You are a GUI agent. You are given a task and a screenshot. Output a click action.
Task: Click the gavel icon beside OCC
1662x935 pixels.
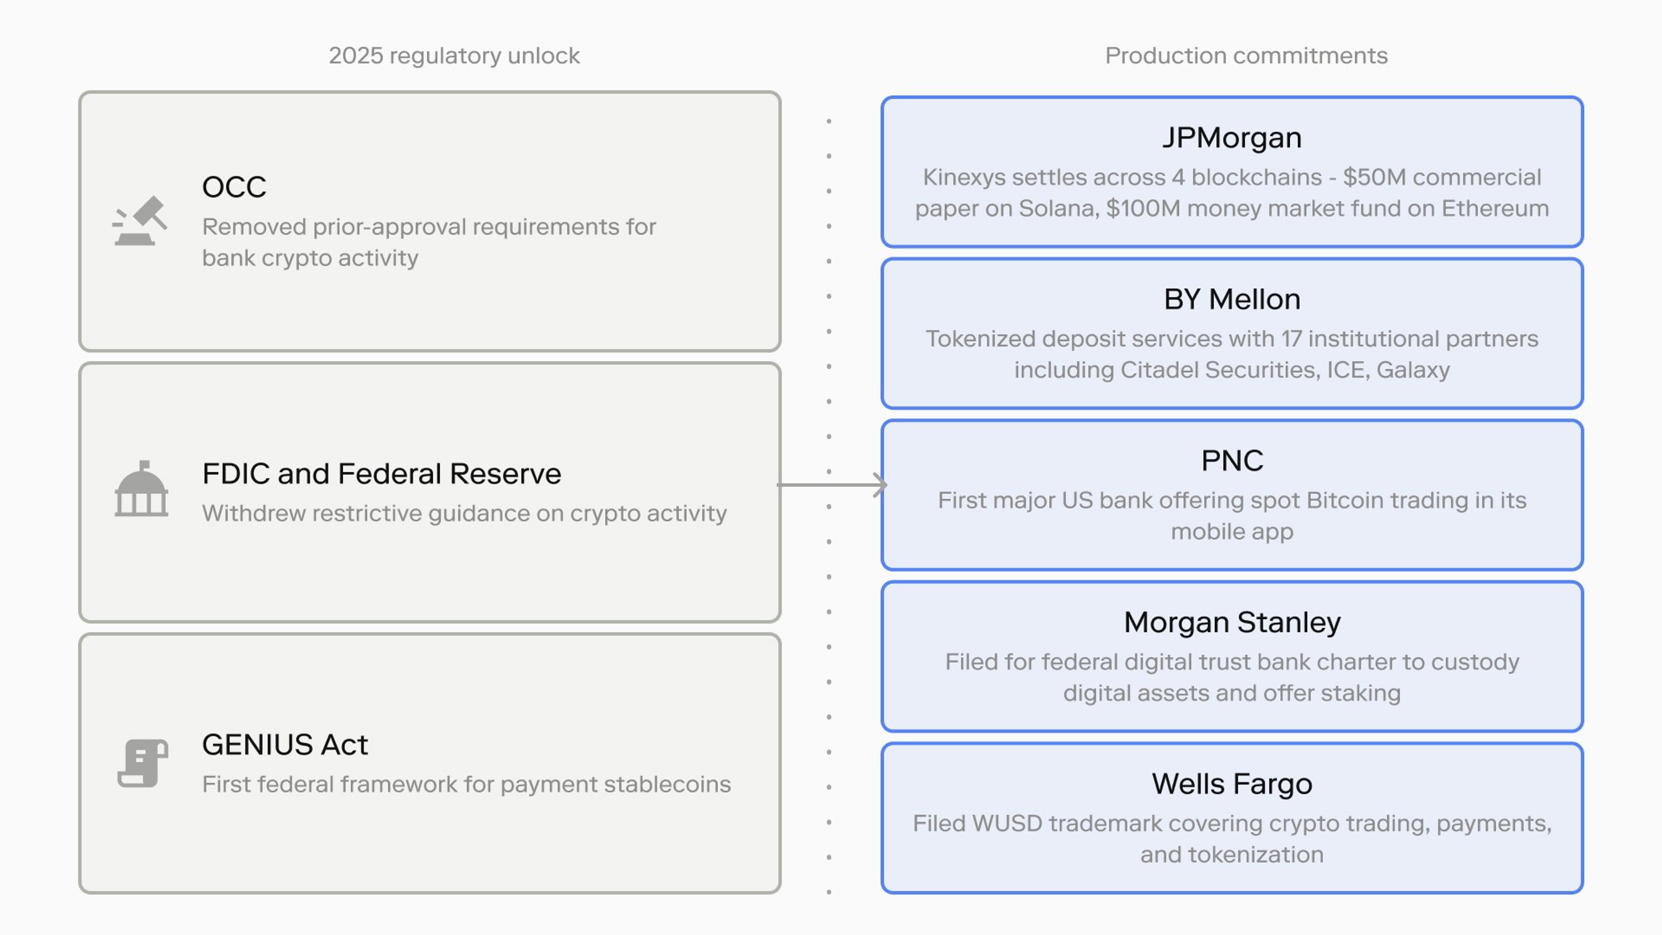tap(140, 221)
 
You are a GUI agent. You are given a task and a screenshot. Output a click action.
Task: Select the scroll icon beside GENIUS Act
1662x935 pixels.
tap(142, 763)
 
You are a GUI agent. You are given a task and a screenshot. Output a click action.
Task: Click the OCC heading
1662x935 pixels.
tap(234, 187)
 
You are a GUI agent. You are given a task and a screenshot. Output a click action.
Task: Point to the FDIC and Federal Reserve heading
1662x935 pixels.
tap(382, 474)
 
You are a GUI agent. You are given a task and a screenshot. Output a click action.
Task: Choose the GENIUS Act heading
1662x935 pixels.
tap(285, 745)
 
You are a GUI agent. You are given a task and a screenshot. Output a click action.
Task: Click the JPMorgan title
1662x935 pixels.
tap(1232, 138)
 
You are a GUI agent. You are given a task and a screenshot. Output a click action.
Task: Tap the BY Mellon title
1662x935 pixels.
tap(1232, 300)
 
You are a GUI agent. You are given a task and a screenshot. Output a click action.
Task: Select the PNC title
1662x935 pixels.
tap(1232, 461)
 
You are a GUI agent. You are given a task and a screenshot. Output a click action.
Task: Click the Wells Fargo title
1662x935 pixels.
tap(1232, 784)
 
